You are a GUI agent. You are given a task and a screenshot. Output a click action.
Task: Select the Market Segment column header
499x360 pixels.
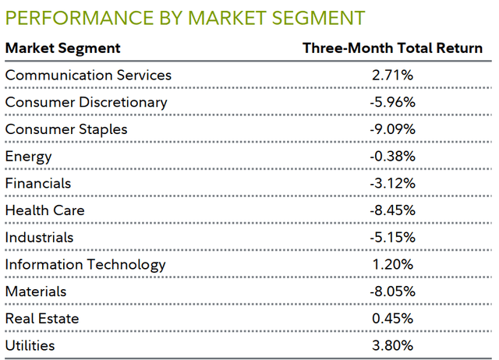coord(63,48)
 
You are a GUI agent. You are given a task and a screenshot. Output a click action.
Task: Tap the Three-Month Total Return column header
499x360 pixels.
coord(392,48)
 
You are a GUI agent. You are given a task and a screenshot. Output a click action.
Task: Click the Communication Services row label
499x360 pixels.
coord(88,76)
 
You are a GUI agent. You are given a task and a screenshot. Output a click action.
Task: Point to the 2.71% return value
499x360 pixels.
coord(392,76)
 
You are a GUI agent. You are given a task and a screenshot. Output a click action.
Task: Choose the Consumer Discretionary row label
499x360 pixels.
coord(86,102)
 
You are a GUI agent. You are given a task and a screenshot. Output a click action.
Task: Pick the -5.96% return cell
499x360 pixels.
coord(392,102)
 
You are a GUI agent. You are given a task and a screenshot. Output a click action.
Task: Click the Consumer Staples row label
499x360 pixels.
coord(65,129)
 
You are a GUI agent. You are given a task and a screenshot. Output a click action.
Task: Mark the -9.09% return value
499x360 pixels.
coord(392,129)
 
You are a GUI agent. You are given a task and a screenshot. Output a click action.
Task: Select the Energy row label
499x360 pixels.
coord(28,157)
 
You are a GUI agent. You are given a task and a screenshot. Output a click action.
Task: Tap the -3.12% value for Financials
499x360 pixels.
coord(392,183)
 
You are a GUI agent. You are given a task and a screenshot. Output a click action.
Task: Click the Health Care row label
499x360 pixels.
coord(44,210)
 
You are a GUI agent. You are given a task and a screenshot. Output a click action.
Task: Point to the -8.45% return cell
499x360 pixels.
coord(392,210)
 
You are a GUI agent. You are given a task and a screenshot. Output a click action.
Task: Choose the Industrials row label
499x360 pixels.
coord(39,237)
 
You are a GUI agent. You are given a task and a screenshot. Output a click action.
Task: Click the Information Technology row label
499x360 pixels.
coord(85,264)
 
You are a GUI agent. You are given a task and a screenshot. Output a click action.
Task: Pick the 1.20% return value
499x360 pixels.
coord(392,264)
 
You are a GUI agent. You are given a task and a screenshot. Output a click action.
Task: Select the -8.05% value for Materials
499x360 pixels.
coord(392,291)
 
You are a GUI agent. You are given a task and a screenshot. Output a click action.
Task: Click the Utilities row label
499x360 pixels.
coord(30,345)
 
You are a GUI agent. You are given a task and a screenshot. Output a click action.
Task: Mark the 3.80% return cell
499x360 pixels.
coord(392,345)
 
